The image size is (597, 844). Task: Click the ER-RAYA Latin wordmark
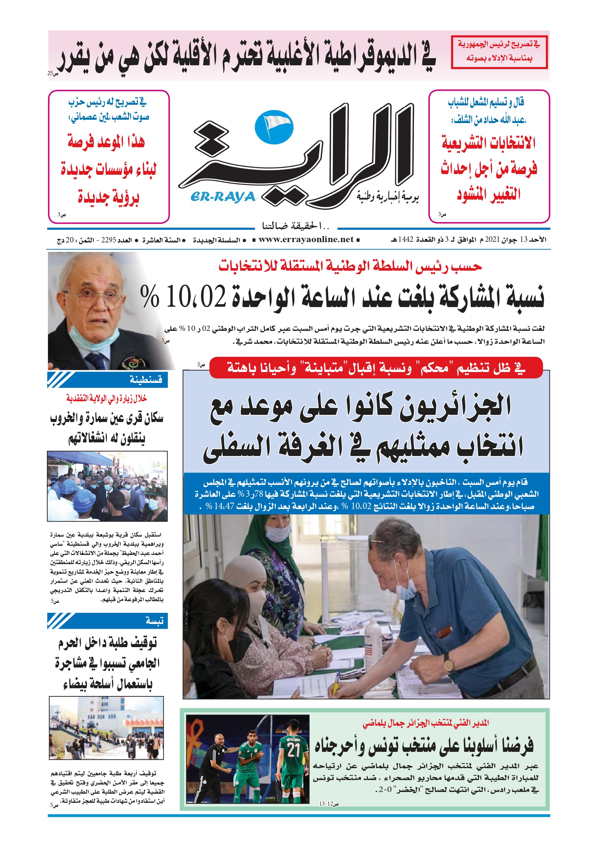click(223, 198)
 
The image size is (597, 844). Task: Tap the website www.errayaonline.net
click(306, 240)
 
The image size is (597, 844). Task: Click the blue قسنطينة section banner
click(107, 380)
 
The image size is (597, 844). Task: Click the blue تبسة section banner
click(107, 621)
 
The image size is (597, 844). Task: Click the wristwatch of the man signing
click(448, 663)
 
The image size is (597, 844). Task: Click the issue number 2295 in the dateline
click(109, 240)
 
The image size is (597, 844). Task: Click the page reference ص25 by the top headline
click(53, 73)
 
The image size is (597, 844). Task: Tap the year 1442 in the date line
click(406, 240)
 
